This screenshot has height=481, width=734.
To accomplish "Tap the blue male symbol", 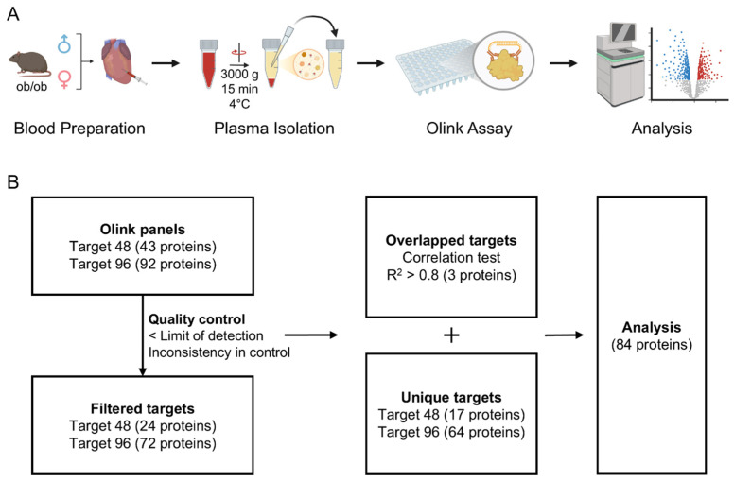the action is pos(64,43).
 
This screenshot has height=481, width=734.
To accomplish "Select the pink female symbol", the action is pos(64,79).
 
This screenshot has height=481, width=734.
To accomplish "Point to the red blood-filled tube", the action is pos(208,64).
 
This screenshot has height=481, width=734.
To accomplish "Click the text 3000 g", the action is pos(239,74).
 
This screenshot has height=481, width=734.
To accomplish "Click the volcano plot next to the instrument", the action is pos(689,64).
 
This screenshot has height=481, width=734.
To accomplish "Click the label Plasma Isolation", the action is pos(274,129).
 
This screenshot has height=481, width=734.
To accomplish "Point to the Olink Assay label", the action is pos(468,129).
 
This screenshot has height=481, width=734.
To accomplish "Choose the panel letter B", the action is pos(12,182).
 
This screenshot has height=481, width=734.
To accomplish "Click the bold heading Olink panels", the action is pos(143,230).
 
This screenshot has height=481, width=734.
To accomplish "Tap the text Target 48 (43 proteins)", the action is pos(143,247).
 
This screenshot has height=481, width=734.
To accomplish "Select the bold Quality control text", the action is pos(197,319).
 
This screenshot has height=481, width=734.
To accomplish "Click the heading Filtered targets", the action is pos(143,408).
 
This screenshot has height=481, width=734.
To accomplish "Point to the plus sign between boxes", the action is pos(451,335).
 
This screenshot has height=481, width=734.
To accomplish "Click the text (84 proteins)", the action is pos(652,345).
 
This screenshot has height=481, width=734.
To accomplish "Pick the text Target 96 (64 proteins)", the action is pos(451,432).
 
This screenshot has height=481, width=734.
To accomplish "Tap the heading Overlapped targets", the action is pos(451,240).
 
